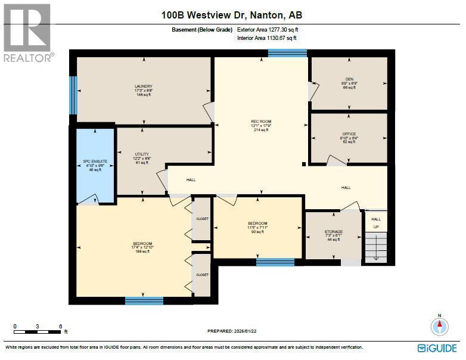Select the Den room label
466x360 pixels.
tap(349, 83)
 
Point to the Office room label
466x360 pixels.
tap(349, 138)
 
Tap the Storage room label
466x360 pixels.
tap(333, 235)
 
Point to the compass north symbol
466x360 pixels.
tap(439, 325)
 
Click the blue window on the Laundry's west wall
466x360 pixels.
tap(73, 95)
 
